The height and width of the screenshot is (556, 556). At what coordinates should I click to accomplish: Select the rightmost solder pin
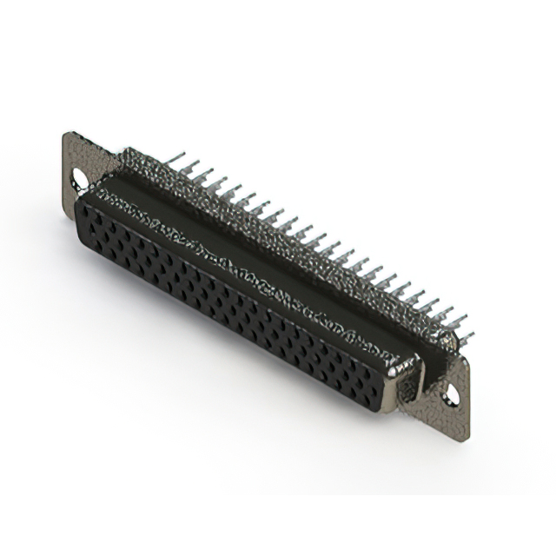click(x=466, y=337)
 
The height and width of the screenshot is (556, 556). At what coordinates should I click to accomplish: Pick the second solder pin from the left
click(x=192, y=166)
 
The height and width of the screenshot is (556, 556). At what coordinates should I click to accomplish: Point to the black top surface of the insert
click(x=261, y=252)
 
